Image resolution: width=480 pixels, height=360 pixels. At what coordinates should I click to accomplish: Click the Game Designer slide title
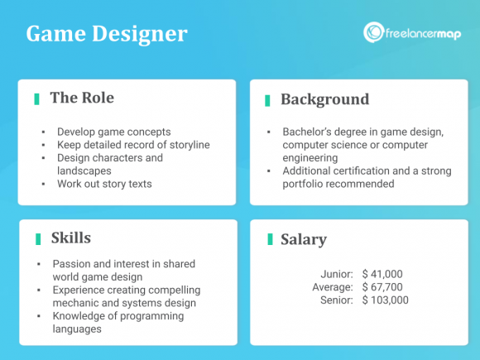coord(106,35)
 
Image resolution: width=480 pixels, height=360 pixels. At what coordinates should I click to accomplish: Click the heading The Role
coord(82,98)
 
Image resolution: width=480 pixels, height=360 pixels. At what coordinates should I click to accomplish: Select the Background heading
coord(324,99)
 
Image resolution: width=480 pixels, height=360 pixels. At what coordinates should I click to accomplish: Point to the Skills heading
coord(70,238)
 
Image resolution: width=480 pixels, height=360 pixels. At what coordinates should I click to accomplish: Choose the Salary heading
coord(303,239)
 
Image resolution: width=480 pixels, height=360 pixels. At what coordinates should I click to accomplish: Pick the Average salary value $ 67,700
coord(385,287)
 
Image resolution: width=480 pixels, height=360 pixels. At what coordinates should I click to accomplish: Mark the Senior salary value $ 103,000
coord(387,300)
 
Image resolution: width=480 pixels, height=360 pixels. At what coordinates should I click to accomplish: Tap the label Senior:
coord(337,300)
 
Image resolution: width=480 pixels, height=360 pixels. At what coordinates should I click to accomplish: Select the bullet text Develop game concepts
coord(114,132)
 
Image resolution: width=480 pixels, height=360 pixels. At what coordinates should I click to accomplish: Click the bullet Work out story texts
coord(104,183)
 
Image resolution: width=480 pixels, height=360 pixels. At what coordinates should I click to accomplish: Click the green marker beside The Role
coord(37,98)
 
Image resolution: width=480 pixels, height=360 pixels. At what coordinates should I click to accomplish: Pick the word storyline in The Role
coord(186,145)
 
